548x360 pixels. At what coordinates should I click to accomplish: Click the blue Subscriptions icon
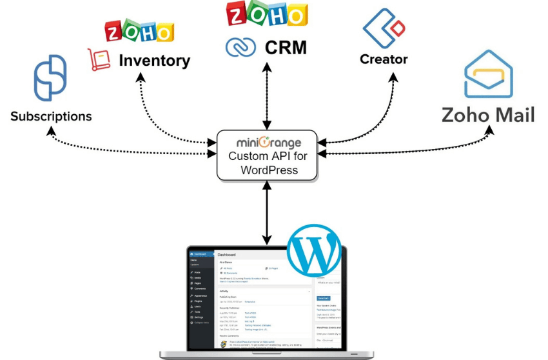click(x=50, y=78)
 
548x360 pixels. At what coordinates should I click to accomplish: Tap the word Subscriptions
click(x=51, y=117)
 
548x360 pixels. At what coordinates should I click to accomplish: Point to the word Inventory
click(x=155, y=61)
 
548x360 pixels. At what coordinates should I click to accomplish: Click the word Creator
click(x=384, y=59)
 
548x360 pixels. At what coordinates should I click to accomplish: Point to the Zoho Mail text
click(x=488, y=115)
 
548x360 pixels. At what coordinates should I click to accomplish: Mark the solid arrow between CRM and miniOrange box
click(x=265, y=94)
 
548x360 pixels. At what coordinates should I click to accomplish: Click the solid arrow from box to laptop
click(x=265, y=213)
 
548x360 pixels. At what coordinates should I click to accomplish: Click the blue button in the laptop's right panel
click(x=323, y=298)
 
